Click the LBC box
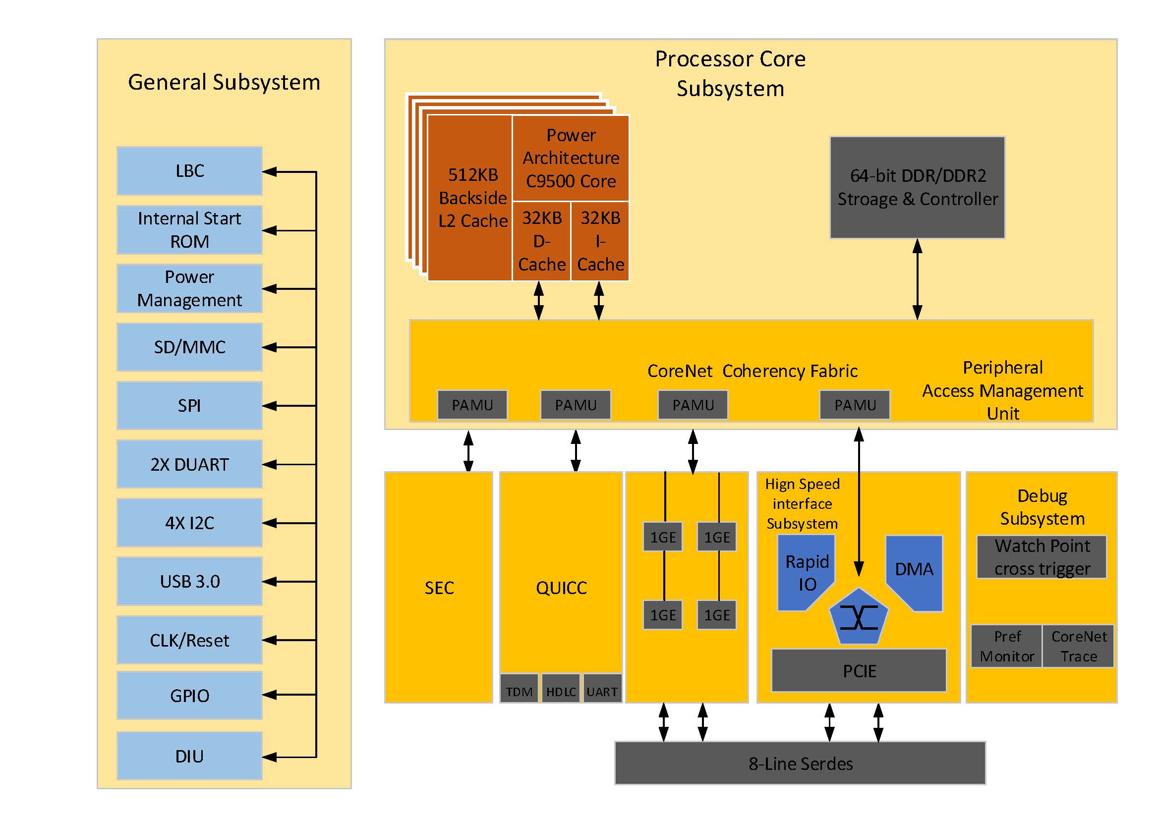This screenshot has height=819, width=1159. (x=189, y=171)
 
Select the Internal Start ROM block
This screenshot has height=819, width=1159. (x=189, y=230)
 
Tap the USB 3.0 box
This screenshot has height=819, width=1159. (x=189, y=581)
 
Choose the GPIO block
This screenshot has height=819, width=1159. (x=189, y=695)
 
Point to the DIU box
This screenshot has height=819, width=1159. (x=189, y=756)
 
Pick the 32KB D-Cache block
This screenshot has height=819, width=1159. (x=542, y=241)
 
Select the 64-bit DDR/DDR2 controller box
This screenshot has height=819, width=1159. (x=917, y=187)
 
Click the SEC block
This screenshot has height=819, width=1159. (x=439, y=588)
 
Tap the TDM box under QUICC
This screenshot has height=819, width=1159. (x=519, y=691)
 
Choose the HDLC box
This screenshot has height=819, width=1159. (x=561, y=691)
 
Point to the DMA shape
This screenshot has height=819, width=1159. (x=914, y=570)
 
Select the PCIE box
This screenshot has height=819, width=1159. (x=859, y=671)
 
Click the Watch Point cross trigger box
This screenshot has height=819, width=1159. (x=1042, y=557)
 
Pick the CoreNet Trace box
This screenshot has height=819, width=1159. (x=1078, y=647)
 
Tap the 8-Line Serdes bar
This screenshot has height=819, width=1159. (x=800, y=763)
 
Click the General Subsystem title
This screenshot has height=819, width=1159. (x=224, y=82)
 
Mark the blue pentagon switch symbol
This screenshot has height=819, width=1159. (x=858, y=617)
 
